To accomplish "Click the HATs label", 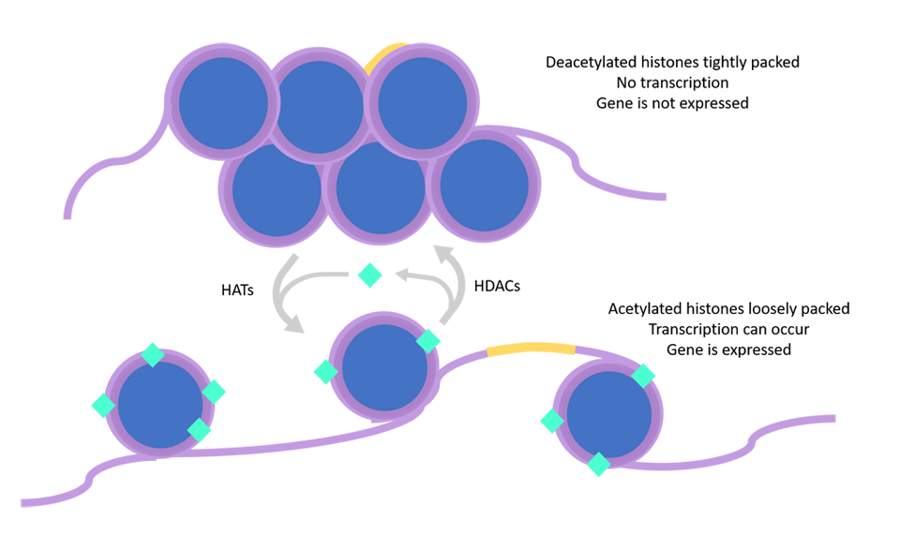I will (x=238, y=291).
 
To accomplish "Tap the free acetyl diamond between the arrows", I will (x=370, y=275).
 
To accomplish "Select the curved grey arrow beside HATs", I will (x=281, y=295).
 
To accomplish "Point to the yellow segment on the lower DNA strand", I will (x=530, y=349).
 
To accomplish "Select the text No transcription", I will (x=672, y=82).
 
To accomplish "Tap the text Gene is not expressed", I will (x=672, y=103).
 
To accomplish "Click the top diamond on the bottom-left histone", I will (x=152, y=355).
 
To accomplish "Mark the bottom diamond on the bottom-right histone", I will (x=598, y=464).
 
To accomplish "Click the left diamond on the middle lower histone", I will (x=325, y=372).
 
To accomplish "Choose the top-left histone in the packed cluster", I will (x=222, y=103).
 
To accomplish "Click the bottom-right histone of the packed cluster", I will (x=484, y=185).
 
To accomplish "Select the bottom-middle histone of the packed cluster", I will (x=380, y=187).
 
